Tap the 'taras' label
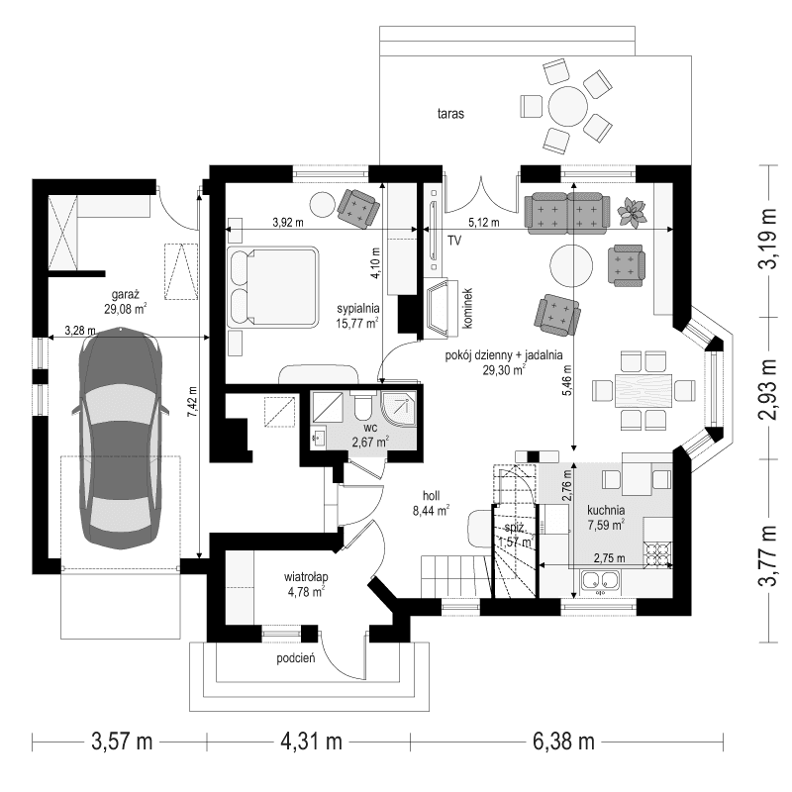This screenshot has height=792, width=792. (451, 113)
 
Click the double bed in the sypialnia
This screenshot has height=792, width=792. (273, 285)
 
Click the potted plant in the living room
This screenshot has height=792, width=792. (631, 210)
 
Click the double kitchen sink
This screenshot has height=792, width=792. (601, 582)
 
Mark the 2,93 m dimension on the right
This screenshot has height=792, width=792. (767, 387)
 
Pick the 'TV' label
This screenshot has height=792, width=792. (454, 241)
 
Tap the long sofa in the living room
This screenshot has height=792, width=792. (565, 211)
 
